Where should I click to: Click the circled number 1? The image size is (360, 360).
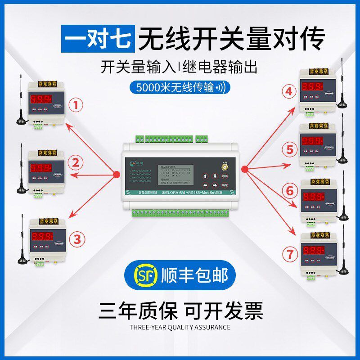point(78,105)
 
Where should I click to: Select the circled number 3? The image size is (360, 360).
point(79,239)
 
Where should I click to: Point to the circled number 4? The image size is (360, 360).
point(289,91)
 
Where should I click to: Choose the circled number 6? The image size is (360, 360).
point(290,191)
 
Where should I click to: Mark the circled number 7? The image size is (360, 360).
point(290,253)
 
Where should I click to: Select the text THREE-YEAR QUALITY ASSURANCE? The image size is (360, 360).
point(180,327)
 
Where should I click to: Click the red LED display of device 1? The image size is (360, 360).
point(40,99)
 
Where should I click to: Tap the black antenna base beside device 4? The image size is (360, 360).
point(342,104)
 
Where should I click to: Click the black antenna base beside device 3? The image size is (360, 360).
point(22,261)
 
